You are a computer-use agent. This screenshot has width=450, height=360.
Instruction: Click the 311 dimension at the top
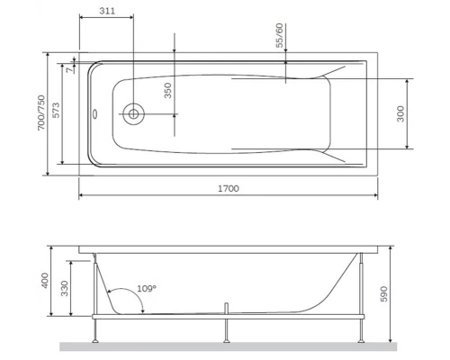[x=104, y=11]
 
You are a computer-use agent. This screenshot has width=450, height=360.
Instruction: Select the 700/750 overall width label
[x=40, y=114]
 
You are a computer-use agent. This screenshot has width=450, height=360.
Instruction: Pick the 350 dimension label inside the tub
[x=166, y=91]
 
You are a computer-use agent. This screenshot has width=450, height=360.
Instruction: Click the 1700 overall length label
[x=229, y=187]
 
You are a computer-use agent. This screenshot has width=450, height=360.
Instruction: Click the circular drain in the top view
[x=133, y=113]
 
